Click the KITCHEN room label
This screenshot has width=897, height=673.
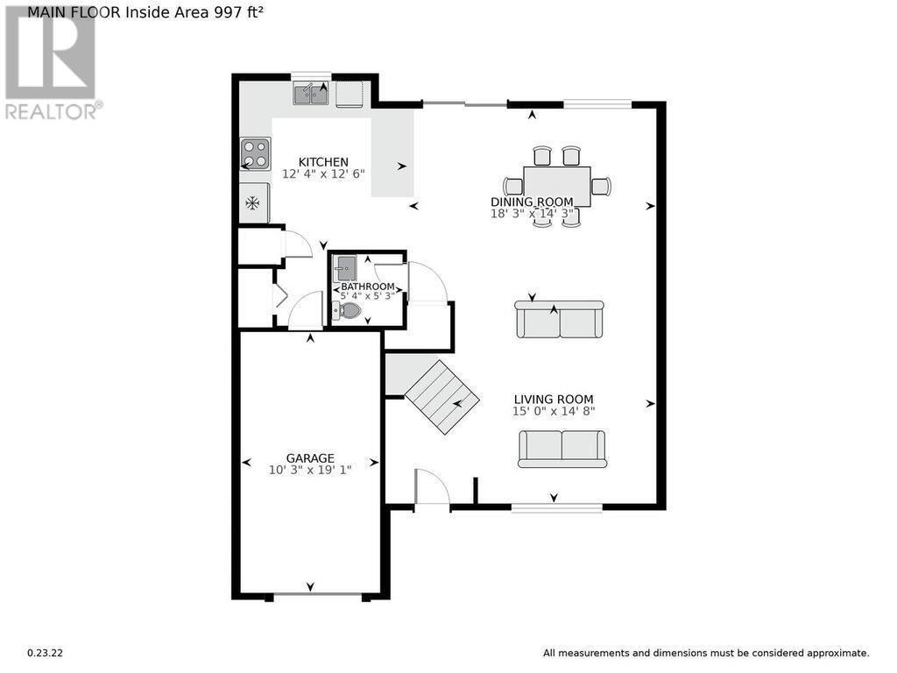tap(323, 162)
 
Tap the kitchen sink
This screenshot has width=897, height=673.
tap(311, 93)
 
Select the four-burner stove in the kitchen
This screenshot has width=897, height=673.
tap(255, 154)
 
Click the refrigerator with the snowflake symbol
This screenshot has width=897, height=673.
tap(254, 202)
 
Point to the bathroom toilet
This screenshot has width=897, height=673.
tap(347, 311)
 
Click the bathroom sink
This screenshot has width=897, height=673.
tap(345, 268)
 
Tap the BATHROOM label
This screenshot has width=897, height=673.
tap(368, 287)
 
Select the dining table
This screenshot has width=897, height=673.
tap(556, 187)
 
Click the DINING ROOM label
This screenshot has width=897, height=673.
tap(532, 202)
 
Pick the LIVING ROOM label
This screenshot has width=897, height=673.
tap(554, 400)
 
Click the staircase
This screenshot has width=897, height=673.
tap(441, 397)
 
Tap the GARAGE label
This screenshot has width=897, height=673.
tap(310, 458)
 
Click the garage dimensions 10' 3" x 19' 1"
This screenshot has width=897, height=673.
tap(310, 471)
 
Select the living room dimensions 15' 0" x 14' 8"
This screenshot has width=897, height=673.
tap(554, 411)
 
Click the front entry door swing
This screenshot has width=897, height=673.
tap(433, 487)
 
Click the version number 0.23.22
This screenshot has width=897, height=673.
tap(46, 653)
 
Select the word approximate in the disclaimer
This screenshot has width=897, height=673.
tap(838, 654)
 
